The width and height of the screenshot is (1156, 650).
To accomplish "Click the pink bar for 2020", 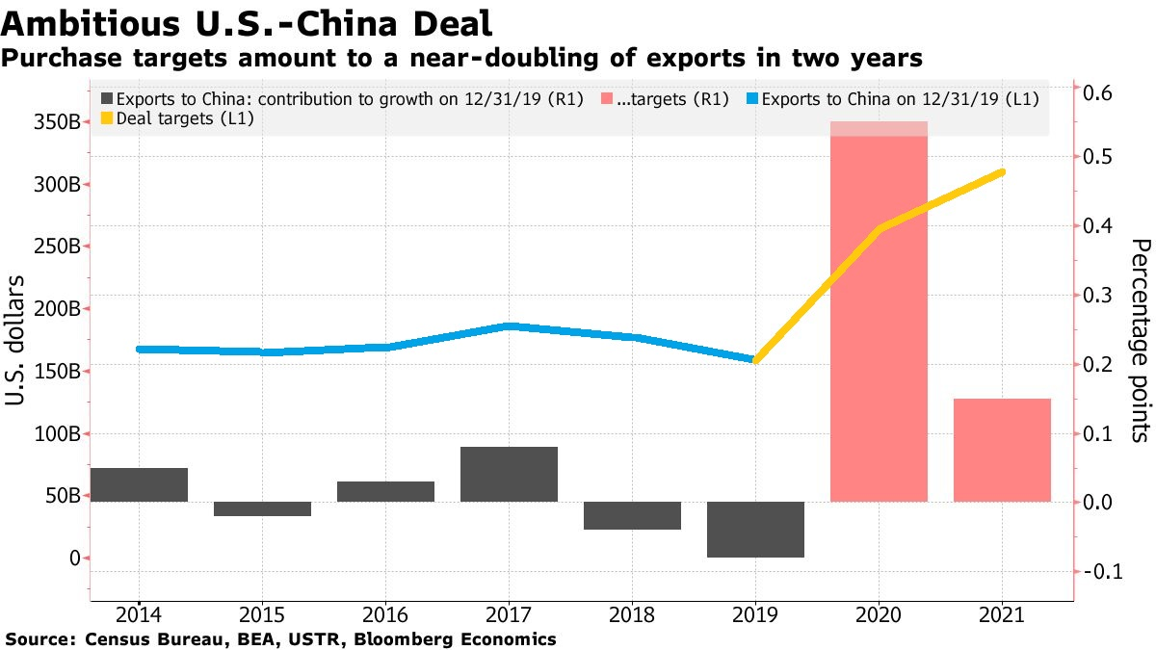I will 879,318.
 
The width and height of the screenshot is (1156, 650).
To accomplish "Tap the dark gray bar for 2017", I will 509,474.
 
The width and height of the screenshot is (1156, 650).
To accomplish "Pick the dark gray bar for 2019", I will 755,529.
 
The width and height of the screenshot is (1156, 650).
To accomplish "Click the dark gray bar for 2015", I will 262,508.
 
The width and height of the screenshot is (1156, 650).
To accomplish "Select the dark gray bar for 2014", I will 139,484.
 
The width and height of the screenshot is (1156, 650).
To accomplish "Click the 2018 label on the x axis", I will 632,613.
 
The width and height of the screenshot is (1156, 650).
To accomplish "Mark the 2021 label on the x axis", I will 1002,613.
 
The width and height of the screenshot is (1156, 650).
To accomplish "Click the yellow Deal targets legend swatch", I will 106,118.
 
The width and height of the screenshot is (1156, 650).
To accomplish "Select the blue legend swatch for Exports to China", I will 752,99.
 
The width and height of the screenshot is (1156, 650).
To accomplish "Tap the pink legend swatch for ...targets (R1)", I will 607,99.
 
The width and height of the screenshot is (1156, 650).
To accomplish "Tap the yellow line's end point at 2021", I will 1002,171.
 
